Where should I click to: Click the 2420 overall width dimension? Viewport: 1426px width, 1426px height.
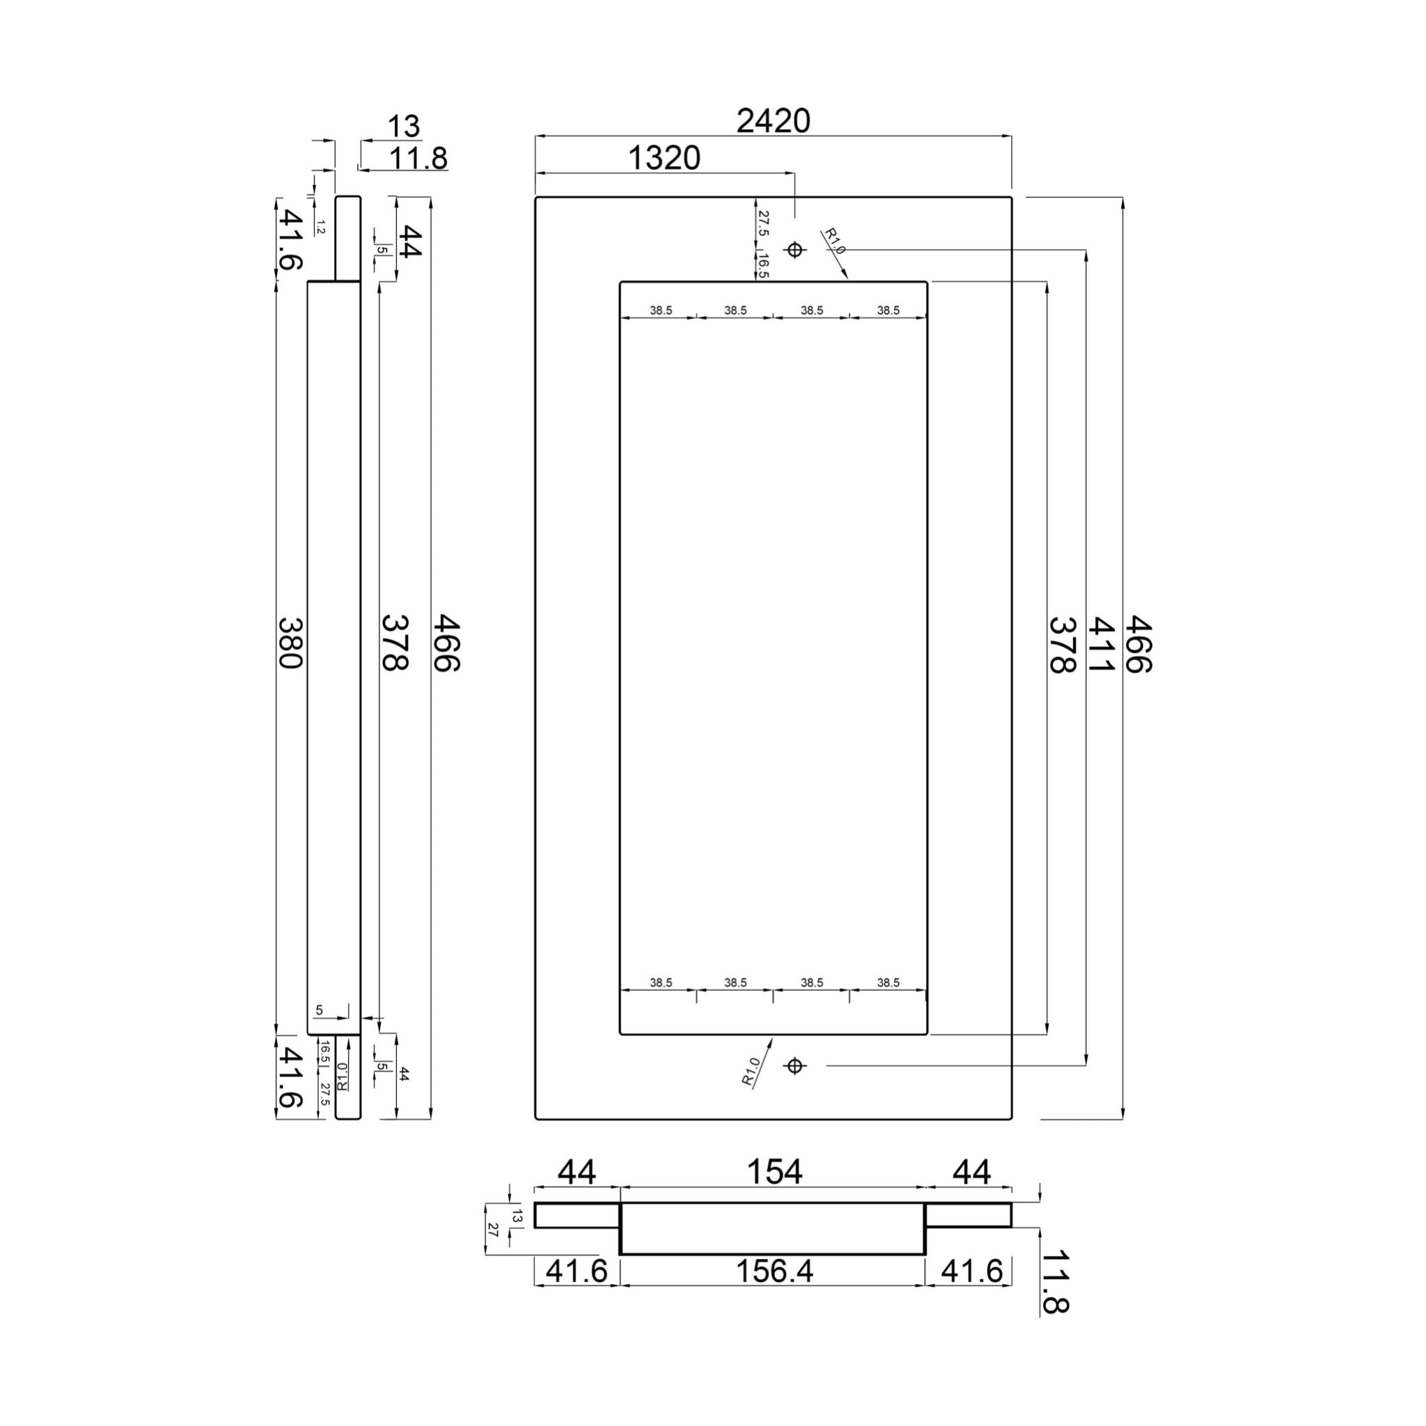[773, 120]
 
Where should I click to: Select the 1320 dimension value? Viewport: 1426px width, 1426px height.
[664, 158]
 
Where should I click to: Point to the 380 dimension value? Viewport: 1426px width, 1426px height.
[290, 643]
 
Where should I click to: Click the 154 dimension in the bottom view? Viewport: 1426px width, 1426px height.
[774, 1171]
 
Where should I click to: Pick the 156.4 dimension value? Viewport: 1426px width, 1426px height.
[774, 1270]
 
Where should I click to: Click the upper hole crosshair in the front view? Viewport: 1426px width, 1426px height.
[794, 249]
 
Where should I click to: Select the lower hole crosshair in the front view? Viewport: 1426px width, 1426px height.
[794, 1066]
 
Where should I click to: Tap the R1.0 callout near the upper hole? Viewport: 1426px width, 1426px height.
[834, 241]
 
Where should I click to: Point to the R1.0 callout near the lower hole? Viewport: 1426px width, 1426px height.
[751, 1072]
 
